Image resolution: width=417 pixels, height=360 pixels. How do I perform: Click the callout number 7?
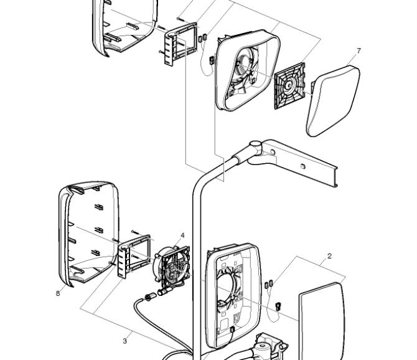(x=358, y=50)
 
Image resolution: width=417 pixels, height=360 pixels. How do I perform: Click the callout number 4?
(x=182, y=235)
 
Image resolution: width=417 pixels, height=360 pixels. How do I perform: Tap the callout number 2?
(x=329, y=256)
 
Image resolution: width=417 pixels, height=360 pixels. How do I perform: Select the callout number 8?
(x=58, y=293)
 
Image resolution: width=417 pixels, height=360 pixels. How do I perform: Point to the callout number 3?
(x=124, y=341)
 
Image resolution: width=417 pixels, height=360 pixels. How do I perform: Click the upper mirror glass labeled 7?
(x=334, y=100)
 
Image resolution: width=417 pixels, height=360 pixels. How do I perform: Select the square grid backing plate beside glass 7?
(x=289, y=86)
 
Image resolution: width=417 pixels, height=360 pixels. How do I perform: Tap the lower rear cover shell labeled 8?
(x=88, y=234)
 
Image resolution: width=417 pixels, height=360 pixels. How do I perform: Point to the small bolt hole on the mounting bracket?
(x=302, y=166)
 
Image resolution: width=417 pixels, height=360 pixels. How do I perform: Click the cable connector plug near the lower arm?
(x=151, y=296)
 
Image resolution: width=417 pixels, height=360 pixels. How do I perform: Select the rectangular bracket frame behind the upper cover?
(x=180, y=44)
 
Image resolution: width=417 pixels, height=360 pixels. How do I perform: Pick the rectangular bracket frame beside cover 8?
(x=134, y=256)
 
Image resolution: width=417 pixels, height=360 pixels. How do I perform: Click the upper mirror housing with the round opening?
(x=247, y=70)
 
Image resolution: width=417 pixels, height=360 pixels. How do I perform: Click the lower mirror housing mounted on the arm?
(x=233, y=296)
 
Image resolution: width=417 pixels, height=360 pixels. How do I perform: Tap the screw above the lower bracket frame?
(x=135, y=232)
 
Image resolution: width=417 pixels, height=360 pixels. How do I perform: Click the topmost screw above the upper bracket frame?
(x=181, y=19)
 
